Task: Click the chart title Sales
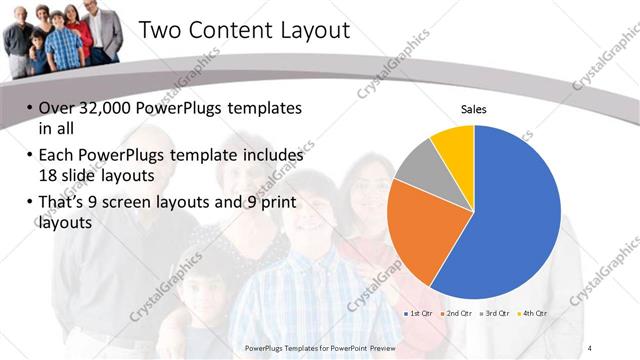[473, 110]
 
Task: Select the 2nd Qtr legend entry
[460, 313]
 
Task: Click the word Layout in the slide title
[312, 31]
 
